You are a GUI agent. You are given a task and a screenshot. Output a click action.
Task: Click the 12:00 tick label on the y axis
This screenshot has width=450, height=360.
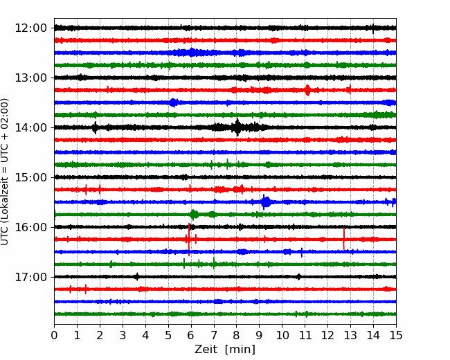(x=30, y=28)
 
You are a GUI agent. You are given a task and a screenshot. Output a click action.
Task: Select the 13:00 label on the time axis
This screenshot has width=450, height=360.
(x=30, y=78)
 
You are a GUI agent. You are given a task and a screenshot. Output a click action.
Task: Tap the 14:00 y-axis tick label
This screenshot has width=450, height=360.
(x=30, y=127)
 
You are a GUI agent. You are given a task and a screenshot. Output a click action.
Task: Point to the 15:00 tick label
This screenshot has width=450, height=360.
(x=30, y=177)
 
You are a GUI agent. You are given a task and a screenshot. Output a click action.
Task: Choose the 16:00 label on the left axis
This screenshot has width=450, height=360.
(x=30, y=227)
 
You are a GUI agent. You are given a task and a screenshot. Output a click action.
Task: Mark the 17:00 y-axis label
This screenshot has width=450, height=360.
(x=30, y=277)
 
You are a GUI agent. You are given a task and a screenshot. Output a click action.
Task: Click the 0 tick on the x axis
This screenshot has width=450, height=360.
(x=54, y=335)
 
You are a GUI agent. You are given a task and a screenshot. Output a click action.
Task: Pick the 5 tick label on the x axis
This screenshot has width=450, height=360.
(x=168, y=335)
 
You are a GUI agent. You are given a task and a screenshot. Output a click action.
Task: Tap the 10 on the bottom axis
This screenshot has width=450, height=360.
(x=282, y=335)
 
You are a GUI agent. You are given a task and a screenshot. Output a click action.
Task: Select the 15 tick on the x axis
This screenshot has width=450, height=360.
(x=396, y=335)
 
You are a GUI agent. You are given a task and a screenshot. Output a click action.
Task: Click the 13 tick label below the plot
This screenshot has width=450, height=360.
(x=350, y=335)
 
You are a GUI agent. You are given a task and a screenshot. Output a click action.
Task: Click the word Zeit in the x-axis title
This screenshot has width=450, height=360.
(x=206, y=349)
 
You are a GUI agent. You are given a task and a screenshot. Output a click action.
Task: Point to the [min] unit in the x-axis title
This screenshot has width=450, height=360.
(x=240, y=350)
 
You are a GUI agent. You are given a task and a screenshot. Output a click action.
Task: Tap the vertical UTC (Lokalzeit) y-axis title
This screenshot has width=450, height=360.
(x=4, y=172)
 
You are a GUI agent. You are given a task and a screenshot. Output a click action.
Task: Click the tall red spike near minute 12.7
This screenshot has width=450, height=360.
(x=343, y=239)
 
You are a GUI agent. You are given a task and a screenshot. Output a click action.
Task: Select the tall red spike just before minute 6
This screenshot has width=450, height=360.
(x=189, y=240)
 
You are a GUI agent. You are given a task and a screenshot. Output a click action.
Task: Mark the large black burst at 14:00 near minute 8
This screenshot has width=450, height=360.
(x=237, y=127)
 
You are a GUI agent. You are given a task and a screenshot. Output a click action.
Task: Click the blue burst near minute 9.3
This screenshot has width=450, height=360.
(x=266, y=202)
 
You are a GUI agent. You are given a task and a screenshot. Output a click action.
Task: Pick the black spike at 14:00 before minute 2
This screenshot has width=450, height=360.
(x=95, y=127)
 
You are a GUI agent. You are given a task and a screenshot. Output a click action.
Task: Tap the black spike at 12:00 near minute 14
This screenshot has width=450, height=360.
(x=372, y=28)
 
